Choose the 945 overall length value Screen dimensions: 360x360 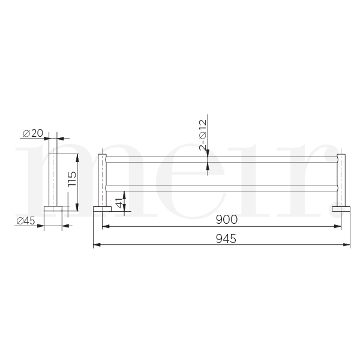222,238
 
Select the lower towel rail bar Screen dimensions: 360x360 222,187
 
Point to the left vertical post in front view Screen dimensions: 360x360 103,180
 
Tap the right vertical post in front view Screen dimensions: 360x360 341,180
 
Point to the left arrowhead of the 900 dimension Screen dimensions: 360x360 105,226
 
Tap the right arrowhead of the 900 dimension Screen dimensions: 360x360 338,226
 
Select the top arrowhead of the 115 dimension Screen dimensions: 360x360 77,155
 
